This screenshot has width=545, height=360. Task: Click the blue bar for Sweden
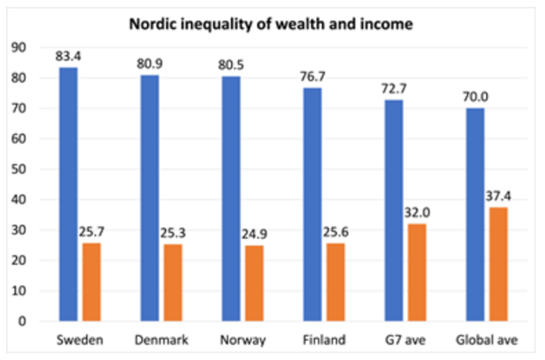pos(68,194)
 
